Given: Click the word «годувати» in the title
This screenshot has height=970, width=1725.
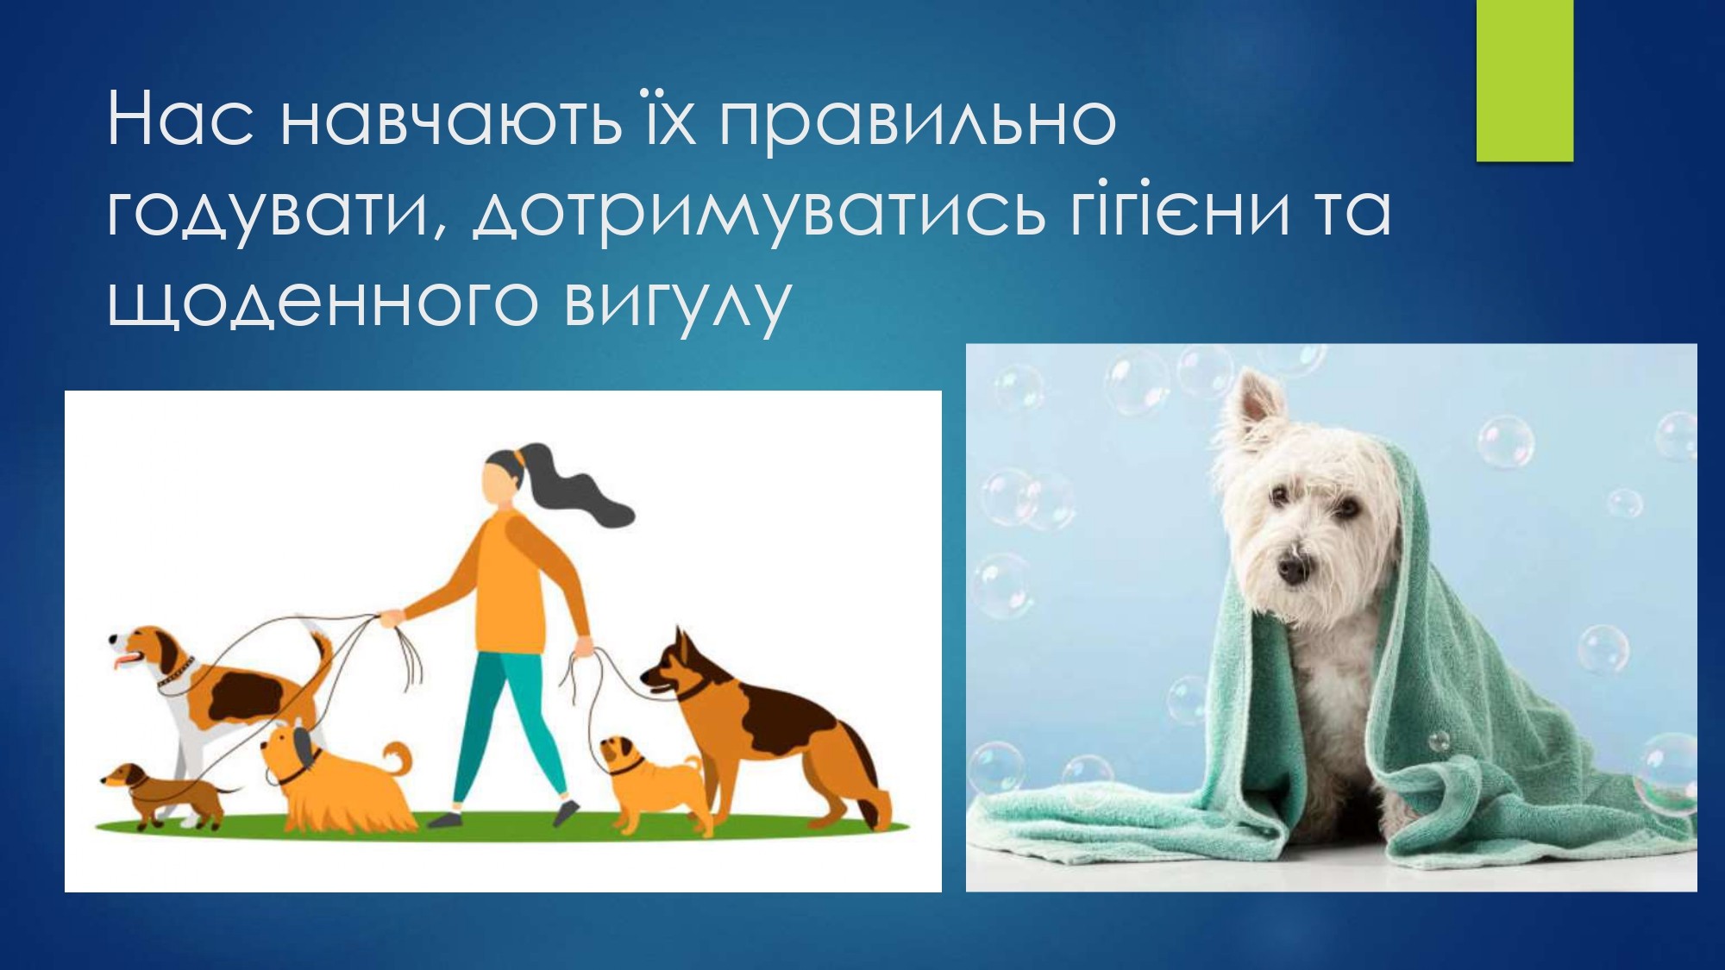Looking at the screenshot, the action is [267, 212].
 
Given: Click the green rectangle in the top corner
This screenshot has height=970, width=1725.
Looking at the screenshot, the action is [1525, 80].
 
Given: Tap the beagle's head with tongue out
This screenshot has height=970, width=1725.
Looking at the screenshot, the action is [147, 651].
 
